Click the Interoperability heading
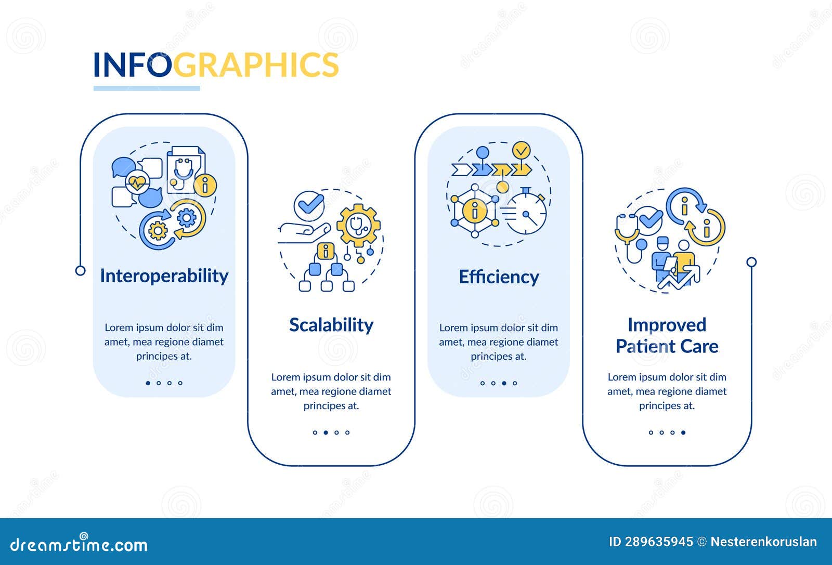click(164, 276)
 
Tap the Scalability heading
click(331, 325)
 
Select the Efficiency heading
click(499, 277)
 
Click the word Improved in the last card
click(667, 325)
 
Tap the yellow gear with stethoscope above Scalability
click(358, 225)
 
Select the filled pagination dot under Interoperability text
click(148, 383)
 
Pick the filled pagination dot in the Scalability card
click(326, 432)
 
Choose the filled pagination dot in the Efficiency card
click(504, 383)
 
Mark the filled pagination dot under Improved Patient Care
click(683, 432)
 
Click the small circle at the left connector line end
click(80, 270)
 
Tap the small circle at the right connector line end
click(751, 262)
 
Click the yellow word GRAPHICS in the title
click(255, 65)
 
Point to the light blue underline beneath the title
click(147, 88)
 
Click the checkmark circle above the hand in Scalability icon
click(309, 205)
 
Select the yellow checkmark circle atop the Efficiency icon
click(521, 150)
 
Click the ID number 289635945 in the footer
click(658, 542)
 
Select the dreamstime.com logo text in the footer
click(79, 544)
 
